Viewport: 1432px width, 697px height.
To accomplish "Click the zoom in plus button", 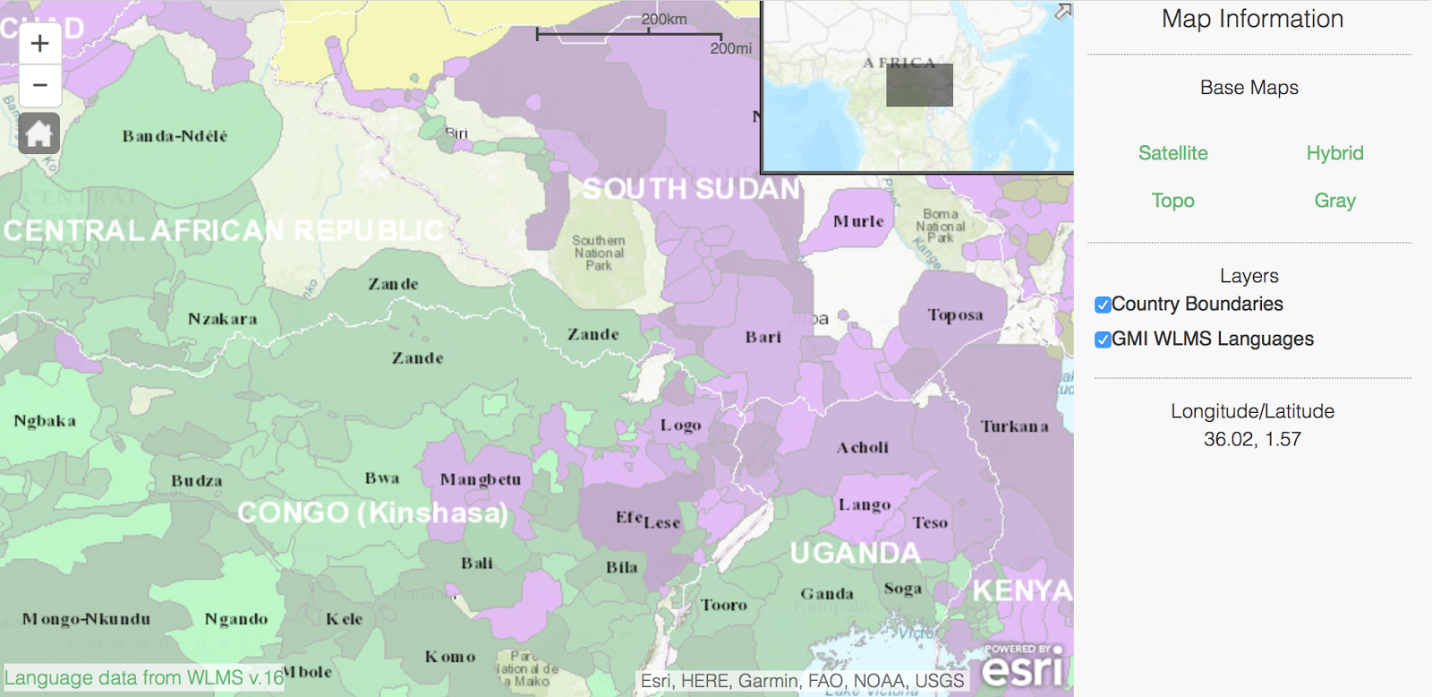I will pyautogui.click(x=40, y=43).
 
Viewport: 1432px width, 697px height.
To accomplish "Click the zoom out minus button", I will pyautogui.click(x=40, y=86).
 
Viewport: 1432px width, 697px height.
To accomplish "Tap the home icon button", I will pyautogui.click(x=39, y=133).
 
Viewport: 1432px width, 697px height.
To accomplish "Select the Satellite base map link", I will pyautogui.click(x=1172, y=153).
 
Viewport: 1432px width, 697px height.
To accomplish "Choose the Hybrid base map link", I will pyautogui.click(x=1334, y=153).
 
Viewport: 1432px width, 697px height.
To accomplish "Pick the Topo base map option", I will pyautogui.click(x=1172, y=201).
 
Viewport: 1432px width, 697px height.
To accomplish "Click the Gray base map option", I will pyautogui.click(x=1334, y=201).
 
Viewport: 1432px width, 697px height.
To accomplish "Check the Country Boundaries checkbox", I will pyautogui.click(x=1103, y=305).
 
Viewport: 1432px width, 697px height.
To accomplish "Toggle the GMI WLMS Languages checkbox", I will pyautogui.click(x=1103, y=340).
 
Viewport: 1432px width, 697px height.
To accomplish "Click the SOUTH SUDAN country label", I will pyautogui.click(x=691, y=189).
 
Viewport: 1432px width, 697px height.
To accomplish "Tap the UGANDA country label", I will pyautogui.click(x=855, y=553).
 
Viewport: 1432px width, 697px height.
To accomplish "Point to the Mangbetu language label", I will pyautogui.click(x=480, y=479).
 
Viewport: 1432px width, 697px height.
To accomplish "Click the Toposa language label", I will pyautogui.click(x=955, y=315).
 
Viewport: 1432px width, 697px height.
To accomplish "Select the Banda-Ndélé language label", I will pyautogui.click(x=175, y=136).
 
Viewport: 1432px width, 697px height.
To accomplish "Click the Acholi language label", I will pyautogui.click(x=863, y=447).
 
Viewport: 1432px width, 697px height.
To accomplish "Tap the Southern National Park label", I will pyautogui.click(x=599, y=253).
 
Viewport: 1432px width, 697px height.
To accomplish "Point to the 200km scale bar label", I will pyautogui.click(x=663, y=19).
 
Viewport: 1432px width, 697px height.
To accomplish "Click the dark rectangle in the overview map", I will pyautogui.click(x=919, y=85).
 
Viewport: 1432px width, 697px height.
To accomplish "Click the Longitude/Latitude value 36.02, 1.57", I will pyautogui.click(x=1251, y=439).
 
